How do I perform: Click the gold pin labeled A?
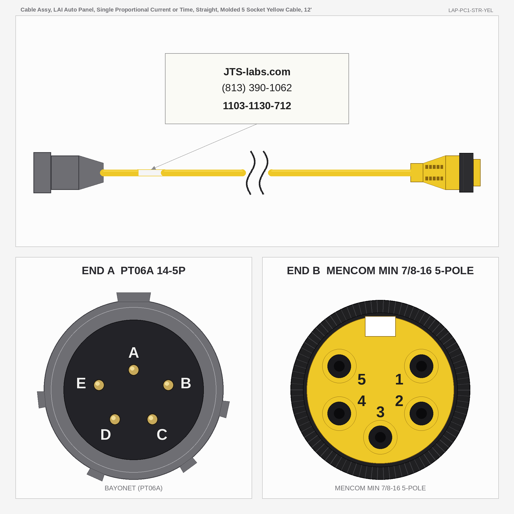[134, 370]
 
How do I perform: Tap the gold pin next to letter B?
[168, 385]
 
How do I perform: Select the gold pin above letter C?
[152, 419]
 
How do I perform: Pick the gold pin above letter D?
[115, 419]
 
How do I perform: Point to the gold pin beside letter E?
[99, 385]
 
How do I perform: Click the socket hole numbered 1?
[421, 366]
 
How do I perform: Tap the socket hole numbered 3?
[380, 437]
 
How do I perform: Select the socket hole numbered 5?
[339, 366]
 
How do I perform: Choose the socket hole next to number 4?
[339, 414]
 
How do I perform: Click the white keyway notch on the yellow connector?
[380, 326]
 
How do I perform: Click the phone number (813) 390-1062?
[257, 88]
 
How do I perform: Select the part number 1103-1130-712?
[257, 106]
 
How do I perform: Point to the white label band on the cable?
[150, 173]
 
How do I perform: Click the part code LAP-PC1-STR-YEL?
[471, 10]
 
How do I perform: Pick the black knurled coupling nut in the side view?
[466, 173]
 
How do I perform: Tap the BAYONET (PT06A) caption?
[134, 488]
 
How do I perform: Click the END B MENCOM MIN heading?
[380, 271]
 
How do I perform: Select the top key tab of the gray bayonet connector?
[134, 297]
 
